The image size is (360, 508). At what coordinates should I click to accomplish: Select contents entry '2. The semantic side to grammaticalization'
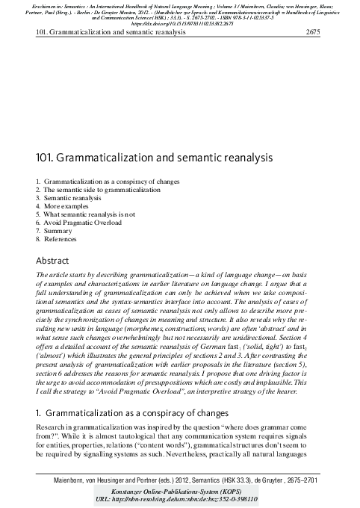(x=91, y=190)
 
